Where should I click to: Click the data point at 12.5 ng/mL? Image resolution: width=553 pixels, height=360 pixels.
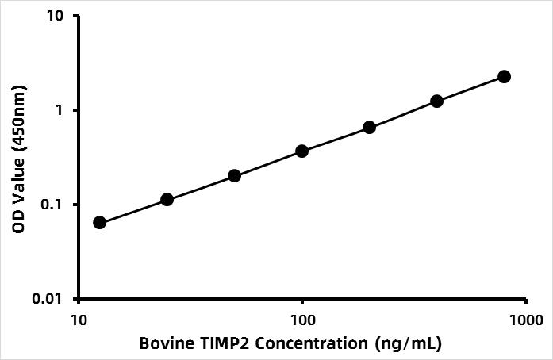pos(99,223)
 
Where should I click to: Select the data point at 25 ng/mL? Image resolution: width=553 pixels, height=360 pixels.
pos(167,200)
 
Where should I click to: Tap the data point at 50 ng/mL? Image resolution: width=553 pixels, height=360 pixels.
pos(234,175)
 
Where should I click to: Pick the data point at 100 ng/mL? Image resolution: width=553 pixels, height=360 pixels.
pos(302,151)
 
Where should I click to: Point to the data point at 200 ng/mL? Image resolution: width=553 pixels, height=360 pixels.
pos(369,128)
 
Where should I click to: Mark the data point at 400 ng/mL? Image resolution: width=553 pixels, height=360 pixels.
pos(436,101)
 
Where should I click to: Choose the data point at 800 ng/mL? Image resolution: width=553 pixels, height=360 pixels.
pos(504,76)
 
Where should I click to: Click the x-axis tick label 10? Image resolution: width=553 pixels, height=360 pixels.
pos(79,320)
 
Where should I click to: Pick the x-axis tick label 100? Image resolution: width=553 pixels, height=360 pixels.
pos(302,320)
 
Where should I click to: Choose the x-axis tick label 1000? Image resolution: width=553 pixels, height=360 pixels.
pos(526,320)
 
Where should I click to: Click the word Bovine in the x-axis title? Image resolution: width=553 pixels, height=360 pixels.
pos(162,343)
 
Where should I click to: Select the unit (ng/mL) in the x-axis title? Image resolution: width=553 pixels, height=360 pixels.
pos(409,344)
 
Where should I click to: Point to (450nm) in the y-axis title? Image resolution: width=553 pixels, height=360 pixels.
pos(19,119)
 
